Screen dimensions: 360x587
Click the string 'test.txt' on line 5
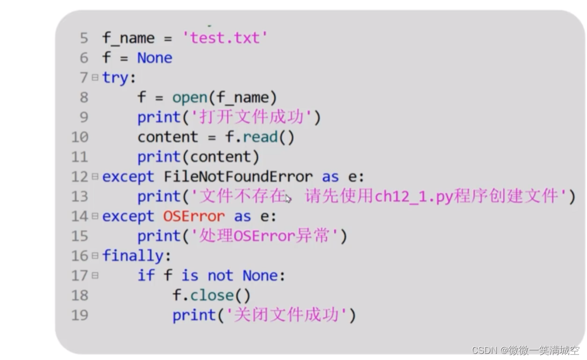point(225,38)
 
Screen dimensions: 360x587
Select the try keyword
point(117,78)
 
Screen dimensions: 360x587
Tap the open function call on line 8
point(189,97)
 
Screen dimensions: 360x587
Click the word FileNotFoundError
point(238,177)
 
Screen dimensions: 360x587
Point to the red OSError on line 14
point(193,216)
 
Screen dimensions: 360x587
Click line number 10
point(79,137)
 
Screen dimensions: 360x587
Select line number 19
point(79,315)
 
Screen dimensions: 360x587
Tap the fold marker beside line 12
point(95,177)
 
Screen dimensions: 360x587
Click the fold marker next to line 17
point(95,275)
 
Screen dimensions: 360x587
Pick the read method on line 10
point(260,137)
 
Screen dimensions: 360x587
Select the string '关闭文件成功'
point(286,315)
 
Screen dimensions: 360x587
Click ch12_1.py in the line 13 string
point(413,197)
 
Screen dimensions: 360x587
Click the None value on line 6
point(154,58)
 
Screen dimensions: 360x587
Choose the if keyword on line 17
point(146,275)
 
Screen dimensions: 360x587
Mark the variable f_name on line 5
point(128,38)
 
